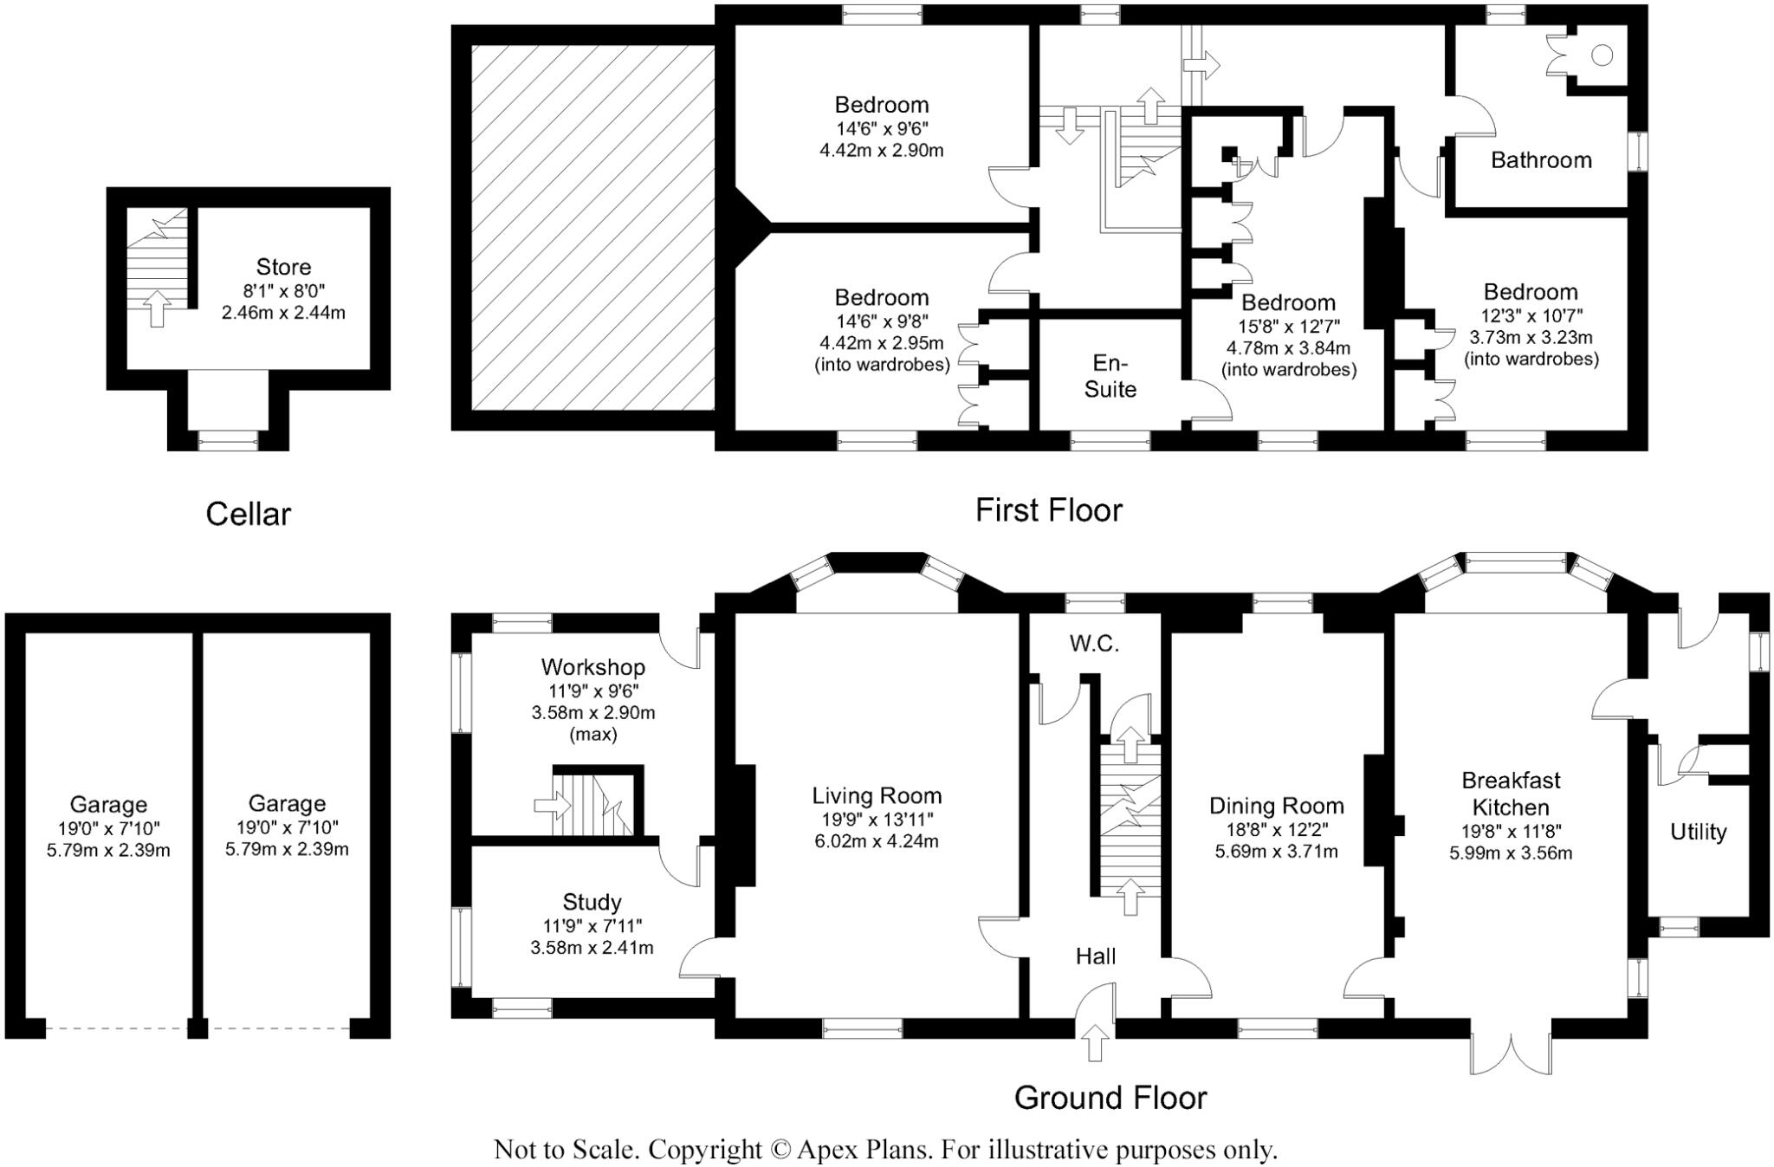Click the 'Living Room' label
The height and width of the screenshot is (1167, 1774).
click(877, 795)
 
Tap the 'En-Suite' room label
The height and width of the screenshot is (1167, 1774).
click(1110, 376)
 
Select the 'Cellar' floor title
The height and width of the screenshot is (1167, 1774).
click(248, 514)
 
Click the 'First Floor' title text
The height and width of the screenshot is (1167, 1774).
click(1048, 510)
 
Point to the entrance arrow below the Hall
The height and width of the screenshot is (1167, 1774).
click(1095, 1041)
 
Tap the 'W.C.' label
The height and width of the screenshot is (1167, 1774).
click(1094, 644)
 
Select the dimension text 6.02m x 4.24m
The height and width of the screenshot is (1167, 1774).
click(877, 841)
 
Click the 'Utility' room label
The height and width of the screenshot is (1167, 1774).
click(1698, 832)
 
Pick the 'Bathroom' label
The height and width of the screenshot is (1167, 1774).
click(1541, 160)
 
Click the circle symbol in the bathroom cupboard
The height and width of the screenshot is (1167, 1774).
click(1602, 55)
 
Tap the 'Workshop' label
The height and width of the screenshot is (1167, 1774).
click(592, 667)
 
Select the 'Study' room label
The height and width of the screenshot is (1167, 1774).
click(592, 902)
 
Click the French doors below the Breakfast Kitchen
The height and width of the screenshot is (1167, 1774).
click(1510, 1052)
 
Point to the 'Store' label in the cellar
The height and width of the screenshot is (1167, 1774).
click(283, 267)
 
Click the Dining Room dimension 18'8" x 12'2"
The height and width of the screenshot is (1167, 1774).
click(1276, 829)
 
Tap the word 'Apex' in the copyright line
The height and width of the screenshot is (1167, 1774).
click(825, 1151)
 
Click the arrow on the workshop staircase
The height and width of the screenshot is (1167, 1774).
click(547, 806)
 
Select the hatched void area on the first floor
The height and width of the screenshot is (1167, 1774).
click(592, 227)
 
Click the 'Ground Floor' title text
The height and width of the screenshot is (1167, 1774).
click(1110, 1098)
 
